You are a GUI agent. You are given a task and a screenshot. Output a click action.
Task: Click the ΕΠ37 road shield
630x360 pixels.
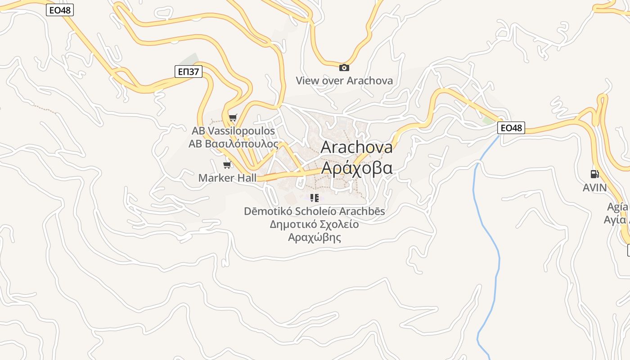(x=189, y=71)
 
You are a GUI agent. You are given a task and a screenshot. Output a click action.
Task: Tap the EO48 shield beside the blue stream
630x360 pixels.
(x=511, y=128)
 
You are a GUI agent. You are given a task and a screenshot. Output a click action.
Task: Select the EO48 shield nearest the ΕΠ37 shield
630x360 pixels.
(x=60, y=10)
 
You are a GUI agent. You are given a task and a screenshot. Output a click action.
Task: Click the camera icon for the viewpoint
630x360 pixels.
(x=344, y=67)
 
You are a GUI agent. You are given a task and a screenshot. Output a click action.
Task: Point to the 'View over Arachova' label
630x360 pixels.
(x=344, y=81)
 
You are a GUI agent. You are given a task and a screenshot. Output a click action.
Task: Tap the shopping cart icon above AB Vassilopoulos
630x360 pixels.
(x=233, y=118)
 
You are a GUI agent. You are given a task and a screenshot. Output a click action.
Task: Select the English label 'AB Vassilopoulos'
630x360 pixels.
(x=233, y=131)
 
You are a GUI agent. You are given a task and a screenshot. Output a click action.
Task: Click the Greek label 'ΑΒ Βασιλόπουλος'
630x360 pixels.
(x=234, y=144)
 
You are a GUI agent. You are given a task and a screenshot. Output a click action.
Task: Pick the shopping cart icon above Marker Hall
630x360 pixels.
(x=227, y=165)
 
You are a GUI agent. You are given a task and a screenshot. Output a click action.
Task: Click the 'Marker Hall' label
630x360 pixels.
(x=227, y=178)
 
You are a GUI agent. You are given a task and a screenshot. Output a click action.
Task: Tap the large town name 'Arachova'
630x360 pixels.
(x=356, y=147)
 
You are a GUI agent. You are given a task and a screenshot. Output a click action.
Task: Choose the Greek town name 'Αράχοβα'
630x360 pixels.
(x=356, y=168)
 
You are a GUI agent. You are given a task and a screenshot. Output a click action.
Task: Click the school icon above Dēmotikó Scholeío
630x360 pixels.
(x=315, y=198)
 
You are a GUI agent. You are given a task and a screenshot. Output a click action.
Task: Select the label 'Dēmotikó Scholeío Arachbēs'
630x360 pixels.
(x=315, y=211)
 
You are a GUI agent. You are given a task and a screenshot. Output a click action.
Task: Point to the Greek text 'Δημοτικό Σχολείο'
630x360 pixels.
(x=315, y=224)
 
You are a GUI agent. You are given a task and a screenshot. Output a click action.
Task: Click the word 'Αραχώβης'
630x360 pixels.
(x=315, y=237)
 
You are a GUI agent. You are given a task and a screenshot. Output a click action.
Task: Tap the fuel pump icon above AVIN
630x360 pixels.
(x=594, y=174)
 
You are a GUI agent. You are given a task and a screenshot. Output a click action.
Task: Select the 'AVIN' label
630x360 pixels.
(x=594, y=187)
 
